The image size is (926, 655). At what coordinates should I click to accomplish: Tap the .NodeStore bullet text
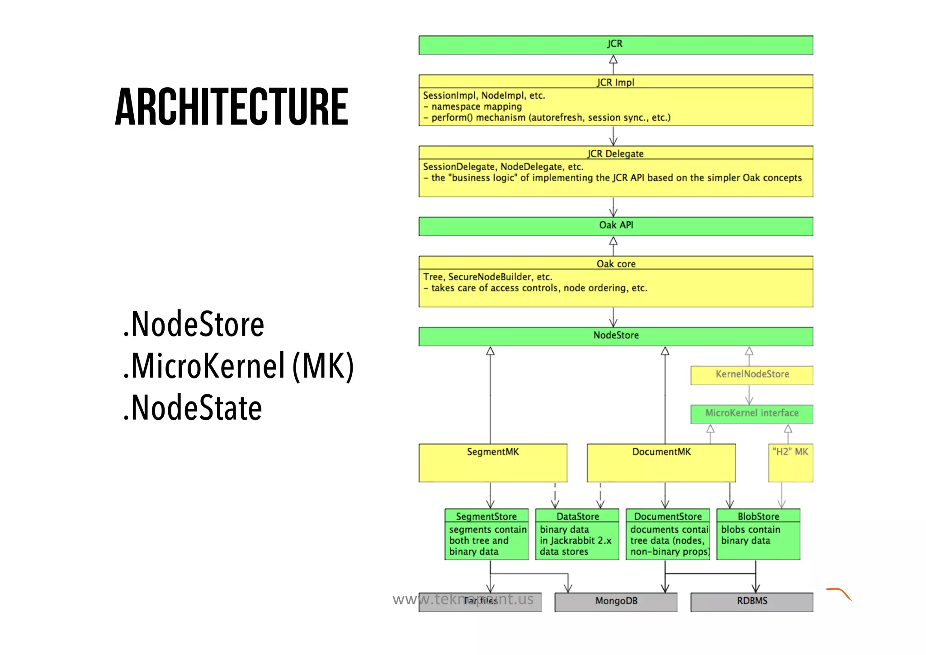(194, 324)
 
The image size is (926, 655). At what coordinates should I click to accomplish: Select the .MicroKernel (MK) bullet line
(238, 366)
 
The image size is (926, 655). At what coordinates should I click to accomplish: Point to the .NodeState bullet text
(193, 407)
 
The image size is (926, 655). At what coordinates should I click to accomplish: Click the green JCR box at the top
(615, 45)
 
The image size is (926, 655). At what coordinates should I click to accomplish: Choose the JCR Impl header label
(615, 82)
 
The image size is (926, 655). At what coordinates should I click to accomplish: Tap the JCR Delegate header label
(615, 153)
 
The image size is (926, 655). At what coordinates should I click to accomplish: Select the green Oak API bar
(615, 226)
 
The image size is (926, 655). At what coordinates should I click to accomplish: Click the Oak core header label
(615, 263)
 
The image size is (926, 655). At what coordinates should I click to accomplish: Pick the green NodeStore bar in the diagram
(615, 336)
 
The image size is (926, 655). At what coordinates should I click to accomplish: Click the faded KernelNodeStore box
(751, 375)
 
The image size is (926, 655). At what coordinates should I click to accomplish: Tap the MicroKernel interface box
(751, 413)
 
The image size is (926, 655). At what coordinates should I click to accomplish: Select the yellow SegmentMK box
(492, 462)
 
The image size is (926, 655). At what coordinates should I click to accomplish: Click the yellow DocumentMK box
(661, 462)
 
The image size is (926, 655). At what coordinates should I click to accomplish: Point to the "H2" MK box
(790, 462)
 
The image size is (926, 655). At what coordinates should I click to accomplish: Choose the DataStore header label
(577, 516)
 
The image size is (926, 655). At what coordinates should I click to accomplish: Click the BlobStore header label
(758, 516)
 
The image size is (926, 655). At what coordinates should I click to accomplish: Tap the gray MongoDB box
(615, 602)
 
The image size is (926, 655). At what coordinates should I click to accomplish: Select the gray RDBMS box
(751, 602)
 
